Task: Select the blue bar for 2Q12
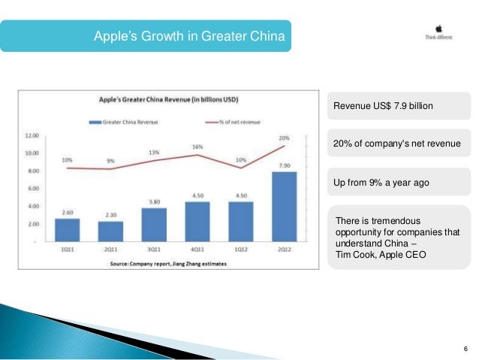[285, 207]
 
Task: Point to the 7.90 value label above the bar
[285, 166]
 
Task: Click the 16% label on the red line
[197, 147]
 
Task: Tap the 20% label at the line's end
[282, 138]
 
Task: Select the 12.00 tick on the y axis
[32, 137]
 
